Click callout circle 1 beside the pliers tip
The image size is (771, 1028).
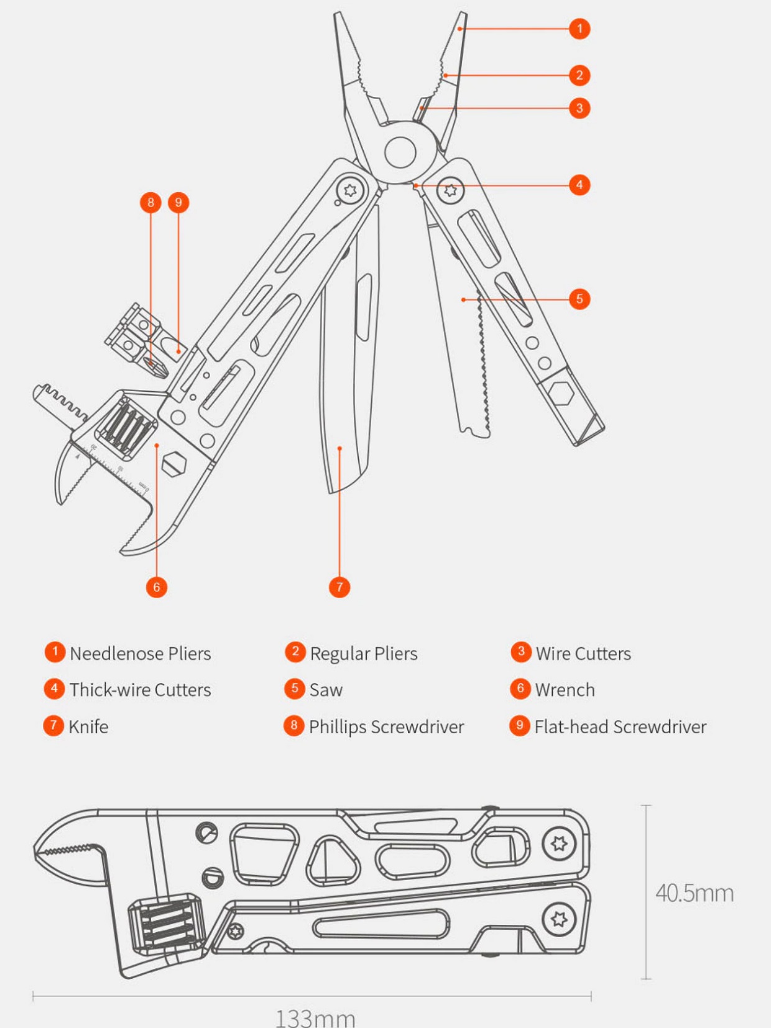point(579,29)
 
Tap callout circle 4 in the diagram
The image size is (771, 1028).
point(579,185)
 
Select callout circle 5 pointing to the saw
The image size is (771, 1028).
point(579,299)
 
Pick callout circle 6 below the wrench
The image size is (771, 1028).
point(156,587)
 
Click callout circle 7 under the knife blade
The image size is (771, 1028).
point(339,587)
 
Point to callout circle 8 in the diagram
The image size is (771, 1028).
point(150,202)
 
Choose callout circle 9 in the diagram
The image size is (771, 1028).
point(178,202)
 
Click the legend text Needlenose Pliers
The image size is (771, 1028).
point(141,654)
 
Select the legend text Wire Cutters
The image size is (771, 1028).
point(583,654)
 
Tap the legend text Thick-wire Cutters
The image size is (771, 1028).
point(141,690)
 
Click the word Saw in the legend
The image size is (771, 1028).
point(326,690)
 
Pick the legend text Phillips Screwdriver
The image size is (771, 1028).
point(387,727)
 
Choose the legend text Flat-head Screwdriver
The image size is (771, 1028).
point(621,727)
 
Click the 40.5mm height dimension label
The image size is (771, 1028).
point(695,893)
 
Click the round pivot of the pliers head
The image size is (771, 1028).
point(400,152)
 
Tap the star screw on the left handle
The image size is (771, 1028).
point(350,190)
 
